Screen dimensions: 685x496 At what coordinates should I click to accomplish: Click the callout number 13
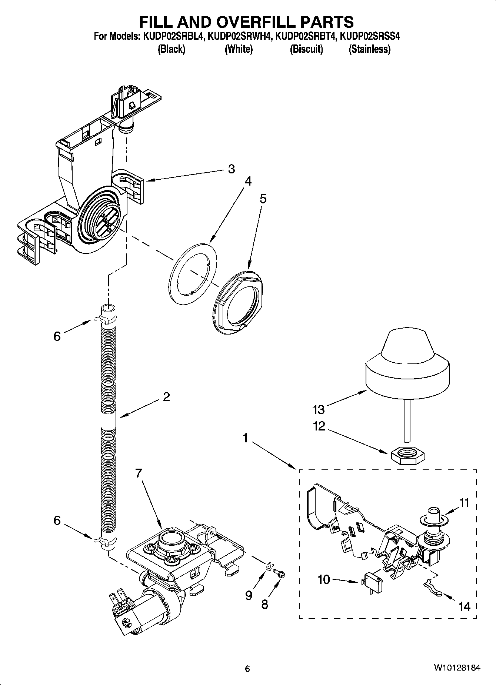point(319,409)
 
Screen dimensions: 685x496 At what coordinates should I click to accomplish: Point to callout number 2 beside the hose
point(166,397)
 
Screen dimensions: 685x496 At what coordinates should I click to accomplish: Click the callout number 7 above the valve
point(139,473)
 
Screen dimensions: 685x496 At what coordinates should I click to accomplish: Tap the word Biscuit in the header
point(306,49)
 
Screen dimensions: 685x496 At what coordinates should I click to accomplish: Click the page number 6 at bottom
point(247,669)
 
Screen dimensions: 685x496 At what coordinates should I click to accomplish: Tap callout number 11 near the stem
point(464,503)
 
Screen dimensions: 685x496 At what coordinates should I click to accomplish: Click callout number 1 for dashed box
point(245,438)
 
